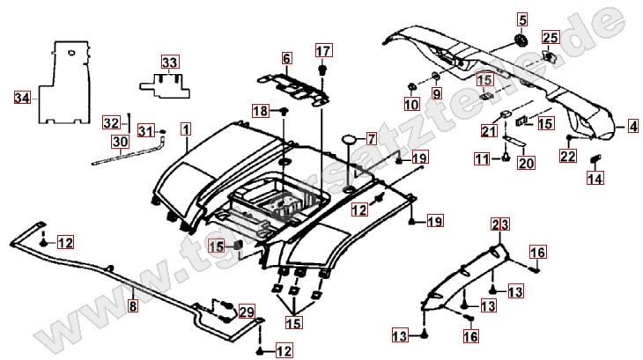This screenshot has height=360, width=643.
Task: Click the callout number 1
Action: coord(186,129)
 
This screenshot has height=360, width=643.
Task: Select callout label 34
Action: coord(22,97)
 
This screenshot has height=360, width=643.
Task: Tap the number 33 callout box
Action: coord(169,62)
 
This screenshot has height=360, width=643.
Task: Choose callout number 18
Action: coord(259,111)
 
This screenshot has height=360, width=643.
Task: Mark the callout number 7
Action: coord(371,138)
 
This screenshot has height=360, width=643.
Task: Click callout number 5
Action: coord(521,19)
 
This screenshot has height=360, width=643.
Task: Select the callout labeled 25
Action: coord(551,37)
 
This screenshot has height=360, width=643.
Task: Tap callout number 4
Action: coord(632,127)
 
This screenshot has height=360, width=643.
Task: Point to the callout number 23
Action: coord(499,226)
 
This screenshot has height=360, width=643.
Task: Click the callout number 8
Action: coord(133,307)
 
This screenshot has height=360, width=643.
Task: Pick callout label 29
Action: coord(246,312)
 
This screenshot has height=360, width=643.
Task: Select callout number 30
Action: coord(119,142)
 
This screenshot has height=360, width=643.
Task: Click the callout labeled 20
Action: coord(525,163)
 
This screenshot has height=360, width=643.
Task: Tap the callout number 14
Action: coord(596,180)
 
